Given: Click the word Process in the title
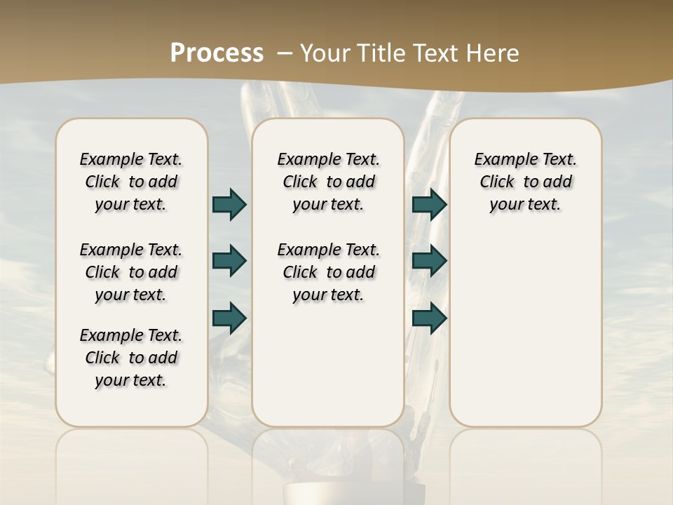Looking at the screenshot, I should click(217, 53).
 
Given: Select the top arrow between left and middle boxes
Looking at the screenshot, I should click(229, 204).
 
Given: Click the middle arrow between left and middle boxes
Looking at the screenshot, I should click(229, 261).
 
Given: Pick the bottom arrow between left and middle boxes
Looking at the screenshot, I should click(229, 318).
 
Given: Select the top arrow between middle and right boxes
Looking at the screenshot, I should click(429, 204).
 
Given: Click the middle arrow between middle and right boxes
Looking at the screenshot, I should click(429, 261).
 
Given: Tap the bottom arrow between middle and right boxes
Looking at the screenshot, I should click(429, 318).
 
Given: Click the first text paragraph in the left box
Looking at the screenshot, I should click(131, 182).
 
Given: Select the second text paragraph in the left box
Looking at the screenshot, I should click(131, 272).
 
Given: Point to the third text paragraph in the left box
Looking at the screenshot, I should click(131, 358).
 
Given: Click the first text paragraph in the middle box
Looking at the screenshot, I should click(328, 182).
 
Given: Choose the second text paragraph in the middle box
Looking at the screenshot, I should click(328, 272).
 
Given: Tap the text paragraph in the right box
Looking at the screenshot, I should click(525, 182).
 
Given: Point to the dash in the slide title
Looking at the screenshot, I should click(285, 53).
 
